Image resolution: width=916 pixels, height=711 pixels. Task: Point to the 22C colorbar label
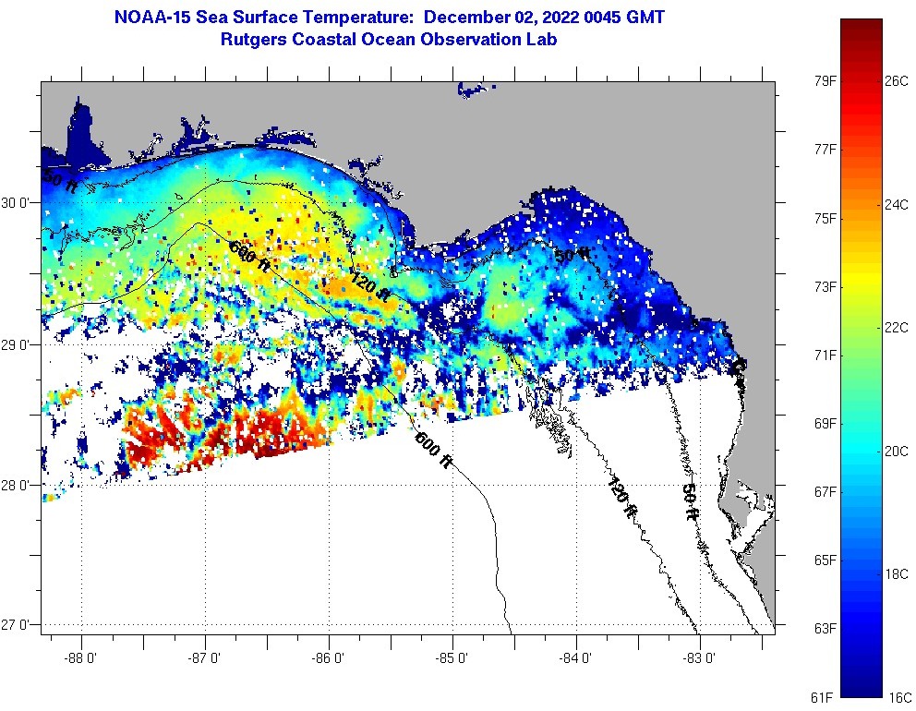point(897,328)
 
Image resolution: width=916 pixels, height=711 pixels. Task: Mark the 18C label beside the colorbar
point(897,573)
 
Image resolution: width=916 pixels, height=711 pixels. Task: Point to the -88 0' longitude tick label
point(81,657)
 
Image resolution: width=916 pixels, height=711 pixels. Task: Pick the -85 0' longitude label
point(452,657)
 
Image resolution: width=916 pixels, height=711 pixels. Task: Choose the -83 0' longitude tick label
point(700,657)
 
